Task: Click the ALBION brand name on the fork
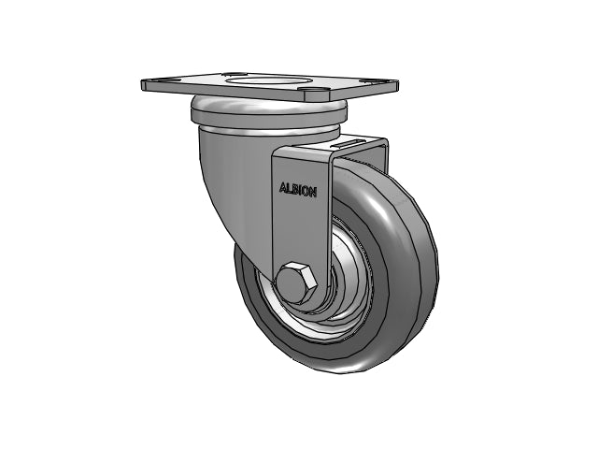(x=298, y=190)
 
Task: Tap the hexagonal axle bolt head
(x=297, y=282)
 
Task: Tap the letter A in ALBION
(x=283, y=187)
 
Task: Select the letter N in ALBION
(x=313, y=192)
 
